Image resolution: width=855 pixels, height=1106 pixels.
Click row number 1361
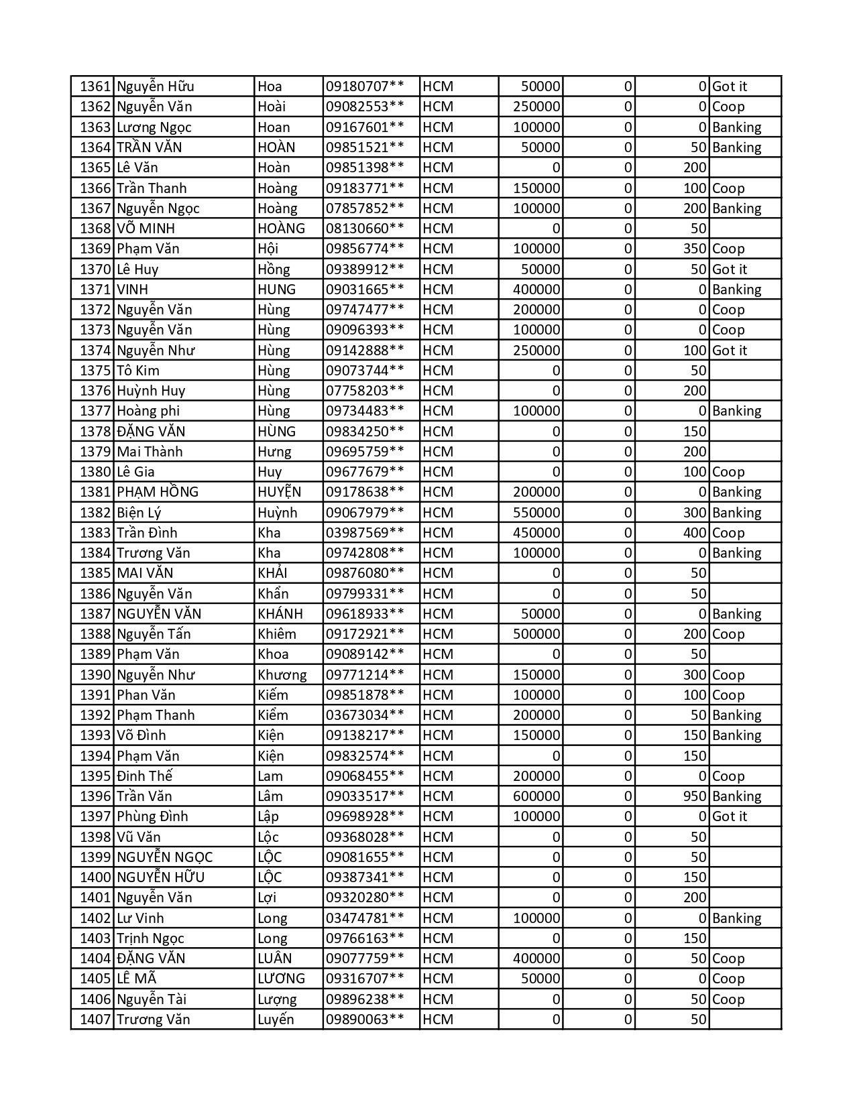tap(94, 86)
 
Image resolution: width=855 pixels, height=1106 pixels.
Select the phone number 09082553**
tap(365, 107)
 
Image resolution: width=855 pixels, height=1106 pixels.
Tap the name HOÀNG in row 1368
tap(281, 229)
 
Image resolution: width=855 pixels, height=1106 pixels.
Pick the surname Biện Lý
tap(139, 513)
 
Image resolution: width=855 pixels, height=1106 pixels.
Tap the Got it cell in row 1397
tap(730, 816)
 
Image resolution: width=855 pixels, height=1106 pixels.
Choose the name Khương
tap(282, 675)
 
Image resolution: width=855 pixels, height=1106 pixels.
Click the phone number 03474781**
tap(365, 918)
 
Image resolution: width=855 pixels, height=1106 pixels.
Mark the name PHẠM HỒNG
tap(158, 492)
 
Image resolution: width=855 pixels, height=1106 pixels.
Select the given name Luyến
tap(276, 1020)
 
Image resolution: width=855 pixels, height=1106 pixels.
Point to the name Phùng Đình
tap(152, 816)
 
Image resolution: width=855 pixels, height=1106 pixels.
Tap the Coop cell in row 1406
tap(728, 999)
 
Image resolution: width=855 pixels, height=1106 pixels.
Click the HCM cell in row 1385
tap(438, 573)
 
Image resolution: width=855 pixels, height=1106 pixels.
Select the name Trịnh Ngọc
tap(150, 938)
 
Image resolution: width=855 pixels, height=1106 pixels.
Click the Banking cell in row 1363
tap(736, 127)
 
